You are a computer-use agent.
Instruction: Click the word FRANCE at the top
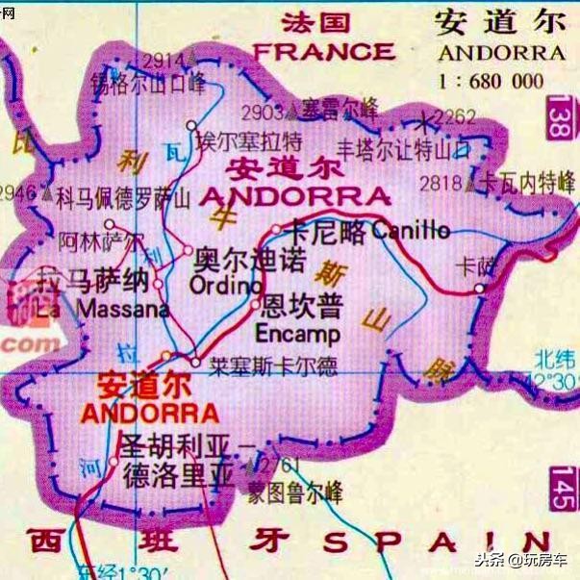(x=323, y=50)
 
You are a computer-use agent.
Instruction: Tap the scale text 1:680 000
(x=503, y=81)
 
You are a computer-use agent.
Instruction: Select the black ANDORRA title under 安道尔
(x=501, y=52)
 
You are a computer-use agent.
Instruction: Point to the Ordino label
(x=225, y=286)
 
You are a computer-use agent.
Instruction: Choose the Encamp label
(x=298, y=335)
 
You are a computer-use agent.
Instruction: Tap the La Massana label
(x=104, y=310)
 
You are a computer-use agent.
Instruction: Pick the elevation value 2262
(x=455, y=117)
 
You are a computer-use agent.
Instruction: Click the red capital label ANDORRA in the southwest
(x=150, y=415)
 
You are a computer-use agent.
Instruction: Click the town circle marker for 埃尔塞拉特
(x=191, y=125)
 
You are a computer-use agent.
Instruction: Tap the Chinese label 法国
(x=315, y=22)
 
